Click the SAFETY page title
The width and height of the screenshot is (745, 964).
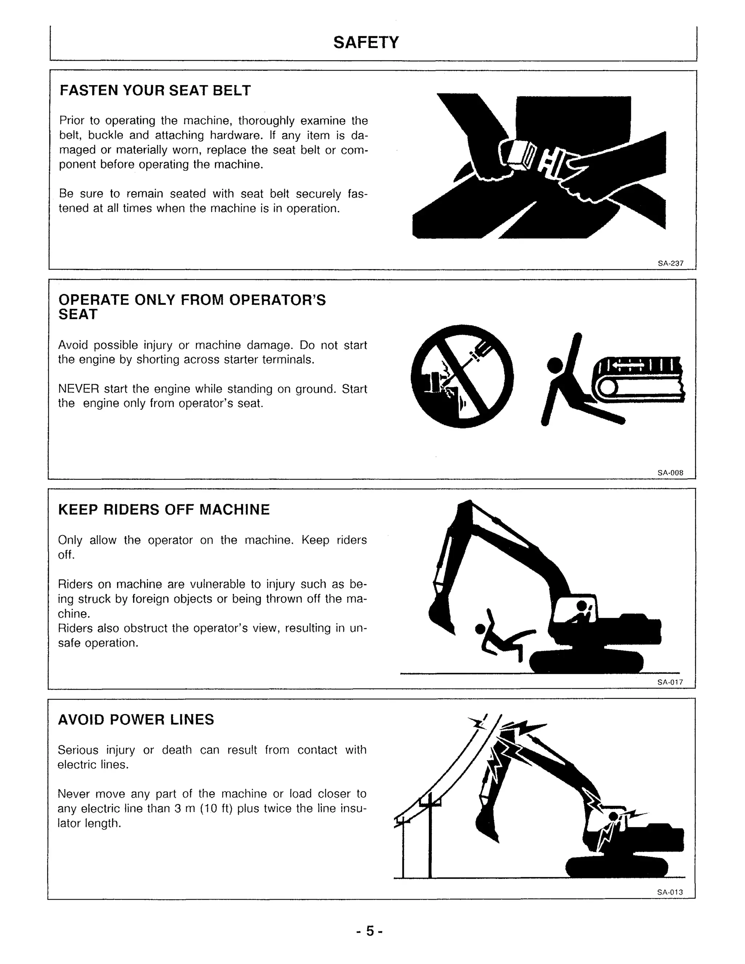366,42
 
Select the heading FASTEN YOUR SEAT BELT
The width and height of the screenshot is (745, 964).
155,91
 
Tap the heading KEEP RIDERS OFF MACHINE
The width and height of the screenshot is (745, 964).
164,509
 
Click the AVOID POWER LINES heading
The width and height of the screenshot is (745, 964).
136,720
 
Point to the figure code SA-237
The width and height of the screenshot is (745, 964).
670,263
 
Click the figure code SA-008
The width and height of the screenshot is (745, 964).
670,473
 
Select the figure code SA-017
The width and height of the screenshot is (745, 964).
670,682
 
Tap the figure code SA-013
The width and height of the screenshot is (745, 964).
670,892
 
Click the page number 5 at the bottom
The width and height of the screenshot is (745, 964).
370,931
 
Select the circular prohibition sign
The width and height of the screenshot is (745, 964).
462,377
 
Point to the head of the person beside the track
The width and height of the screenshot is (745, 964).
555,365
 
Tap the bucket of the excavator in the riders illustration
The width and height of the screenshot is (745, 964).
441,616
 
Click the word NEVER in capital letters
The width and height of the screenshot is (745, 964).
78,389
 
